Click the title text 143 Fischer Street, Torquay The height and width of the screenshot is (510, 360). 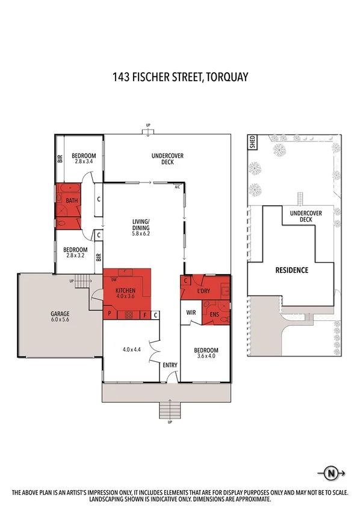point(180,77)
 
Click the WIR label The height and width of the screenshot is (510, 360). point(190,313)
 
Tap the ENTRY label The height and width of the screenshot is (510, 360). point(169,365)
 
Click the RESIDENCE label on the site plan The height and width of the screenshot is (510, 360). point(291,270)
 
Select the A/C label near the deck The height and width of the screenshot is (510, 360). point(177,187)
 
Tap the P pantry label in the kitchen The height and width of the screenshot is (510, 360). point(110,314)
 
